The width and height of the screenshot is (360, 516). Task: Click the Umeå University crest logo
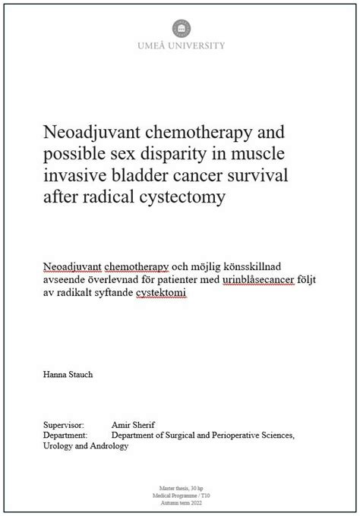180,27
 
